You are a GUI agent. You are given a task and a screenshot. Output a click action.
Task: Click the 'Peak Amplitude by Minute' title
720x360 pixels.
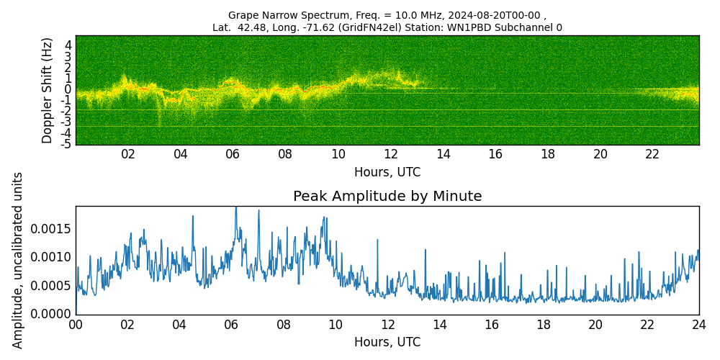click(387, 197)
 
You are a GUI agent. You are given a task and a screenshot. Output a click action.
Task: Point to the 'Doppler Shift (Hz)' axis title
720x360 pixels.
click(48, 90)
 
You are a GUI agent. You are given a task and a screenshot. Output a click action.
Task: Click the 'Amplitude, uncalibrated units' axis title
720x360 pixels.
click(19, 260)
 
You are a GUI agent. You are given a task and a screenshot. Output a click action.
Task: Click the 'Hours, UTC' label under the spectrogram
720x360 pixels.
click(387, 173)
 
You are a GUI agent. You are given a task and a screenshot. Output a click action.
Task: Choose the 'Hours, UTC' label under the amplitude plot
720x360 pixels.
click(387, 342)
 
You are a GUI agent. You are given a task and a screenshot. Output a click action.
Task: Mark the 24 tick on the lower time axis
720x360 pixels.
click(699, 325)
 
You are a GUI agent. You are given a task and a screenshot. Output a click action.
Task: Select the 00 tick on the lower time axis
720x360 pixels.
click(76, 325)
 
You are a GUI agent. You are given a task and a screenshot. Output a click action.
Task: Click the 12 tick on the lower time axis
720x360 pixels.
click(387, 325)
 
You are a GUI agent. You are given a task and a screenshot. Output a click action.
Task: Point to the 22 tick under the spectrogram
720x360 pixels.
click(652, 154)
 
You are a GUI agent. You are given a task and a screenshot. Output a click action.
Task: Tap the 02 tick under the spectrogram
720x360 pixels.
click(128, 154)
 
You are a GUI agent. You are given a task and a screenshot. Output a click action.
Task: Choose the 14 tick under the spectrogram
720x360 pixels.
click(443, 154)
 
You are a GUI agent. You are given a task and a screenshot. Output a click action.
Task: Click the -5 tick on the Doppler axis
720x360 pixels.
click(66, 143)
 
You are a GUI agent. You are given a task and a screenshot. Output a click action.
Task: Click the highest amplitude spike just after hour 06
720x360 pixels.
click(235, 208)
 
